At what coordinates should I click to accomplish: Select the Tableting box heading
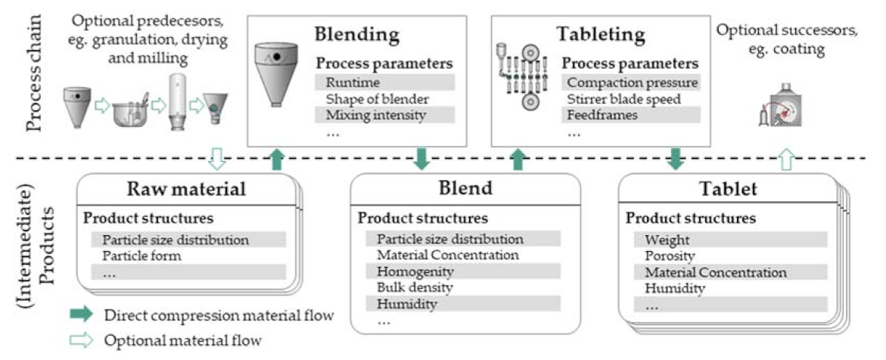pyautogui.click(x=602, y=35)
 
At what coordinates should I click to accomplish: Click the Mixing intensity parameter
pyautogui.click(x=368, y=116)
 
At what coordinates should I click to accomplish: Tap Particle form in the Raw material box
pyautogui.click(x=141, y=256)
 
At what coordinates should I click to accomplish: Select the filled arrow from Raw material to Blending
pyautogui.click(x=278, y=160)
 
